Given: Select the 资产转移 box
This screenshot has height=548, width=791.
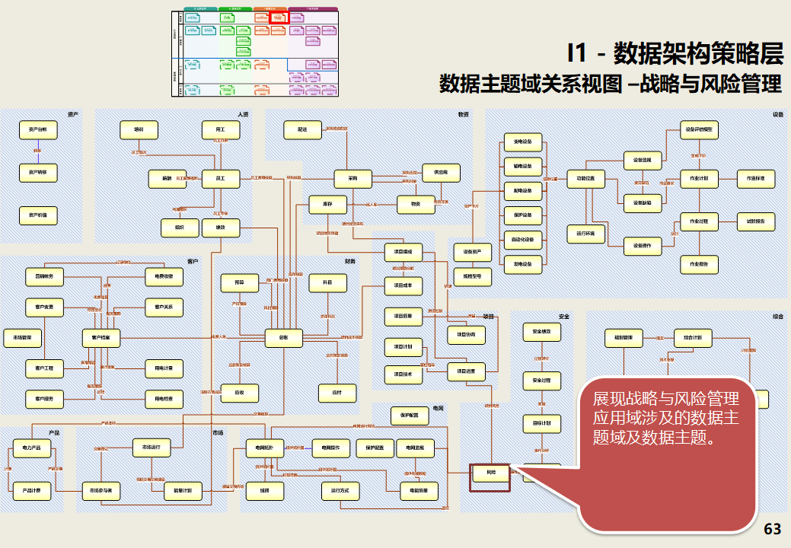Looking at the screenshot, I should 38,173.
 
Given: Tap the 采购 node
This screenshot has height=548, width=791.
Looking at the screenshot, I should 353,179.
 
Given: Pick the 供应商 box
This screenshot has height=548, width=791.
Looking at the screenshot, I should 441,173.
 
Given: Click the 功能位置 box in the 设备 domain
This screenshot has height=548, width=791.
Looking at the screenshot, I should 585,180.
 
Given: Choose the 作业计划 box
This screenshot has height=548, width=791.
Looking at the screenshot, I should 699,179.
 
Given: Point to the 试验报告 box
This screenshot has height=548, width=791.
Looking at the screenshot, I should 756,221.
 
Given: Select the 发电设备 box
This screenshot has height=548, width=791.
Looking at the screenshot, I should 523,264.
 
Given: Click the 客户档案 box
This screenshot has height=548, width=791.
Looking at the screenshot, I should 101,336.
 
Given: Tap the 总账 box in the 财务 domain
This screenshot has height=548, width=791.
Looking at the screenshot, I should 284,336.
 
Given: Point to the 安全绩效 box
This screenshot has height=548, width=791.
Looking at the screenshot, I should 541,332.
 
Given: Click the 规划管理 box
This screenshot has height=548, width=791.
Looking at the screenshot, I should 624,336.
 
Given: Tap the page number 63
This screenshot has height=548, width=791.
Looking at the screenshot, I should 772,529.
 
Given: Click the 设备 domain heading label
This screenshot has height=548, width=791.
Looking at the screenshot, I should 778,115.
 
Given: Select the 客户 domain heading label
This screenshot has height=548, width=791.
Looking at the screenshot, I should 192,262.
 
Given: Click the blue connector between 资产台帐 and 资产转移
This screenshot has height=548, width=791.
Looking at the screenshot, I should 38,151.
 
